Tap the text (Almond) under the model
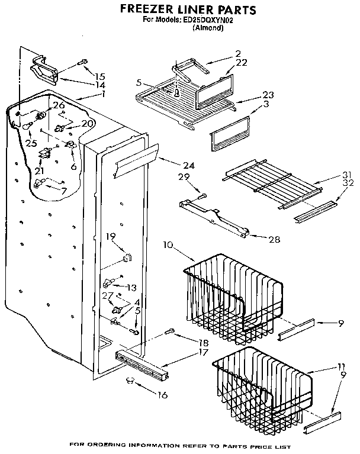point(208,27)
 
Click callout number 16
point(162,395)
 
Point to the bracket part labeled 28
point(213,216)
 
